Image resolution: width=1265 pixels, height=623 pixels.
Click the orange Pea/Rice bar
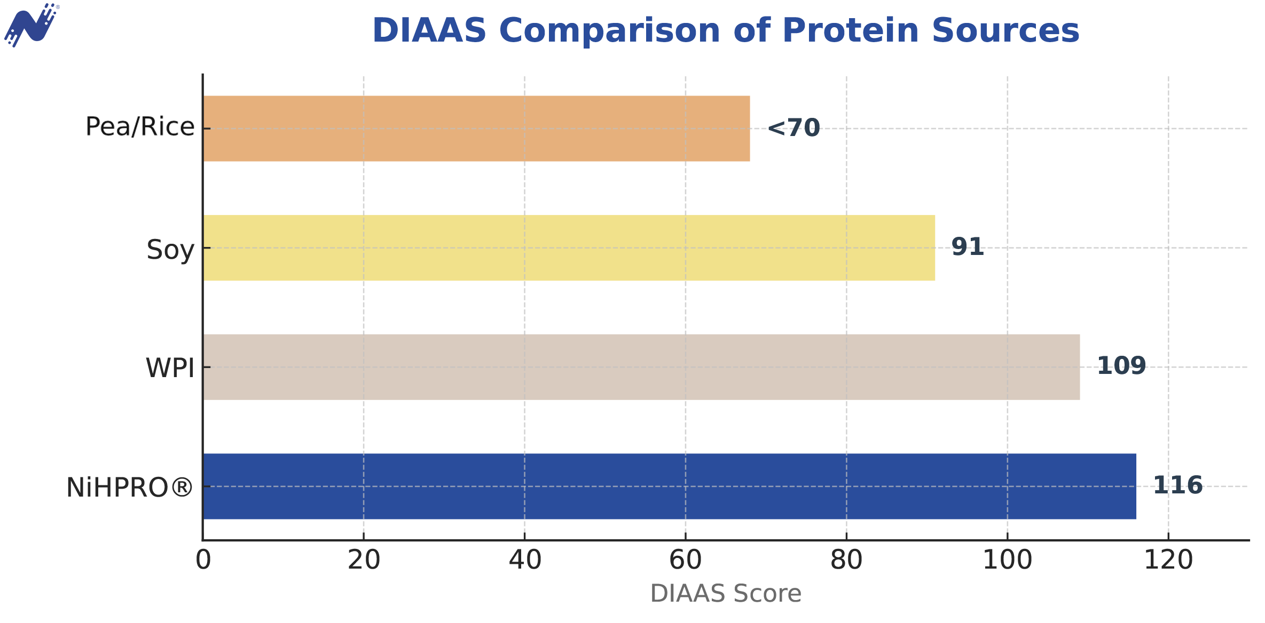coord(476,129)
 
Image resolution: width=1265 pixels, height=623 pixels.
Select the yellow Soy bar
coord(569,248)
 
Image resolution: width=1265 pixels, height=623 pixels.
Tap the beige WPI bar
coord(641,367)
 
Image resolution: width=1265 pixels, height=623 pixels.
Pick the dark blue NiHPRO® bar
coord(670,486)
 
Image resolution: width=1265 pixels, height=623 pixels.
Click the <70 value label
coord(793,128)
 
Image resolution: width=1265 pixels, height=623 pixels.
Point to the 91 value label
coord(968,247)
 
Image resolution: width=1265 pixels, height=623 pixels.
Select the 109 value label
coord(1121,366)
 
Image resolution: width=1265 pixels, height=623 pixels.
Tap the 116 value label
coord(1178,485)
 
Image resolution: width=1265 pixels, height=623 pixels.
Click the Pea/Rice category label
coord(140,127)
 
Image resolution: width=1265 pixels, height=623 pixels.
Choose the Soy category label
coord(170,250)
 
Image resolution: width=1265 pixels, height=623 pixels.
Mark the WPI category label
coord(170,368)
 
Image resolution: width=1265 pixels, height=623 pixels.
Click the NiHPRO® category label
coord(130,488)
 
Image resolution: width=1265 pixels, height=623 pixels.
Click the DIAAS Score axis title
coord(726,594)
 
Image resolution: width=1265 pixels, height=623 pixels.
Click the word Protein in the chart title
coord(851,30)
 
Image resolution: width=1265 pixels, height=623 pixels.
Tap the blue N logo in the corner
coord(31,25)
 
